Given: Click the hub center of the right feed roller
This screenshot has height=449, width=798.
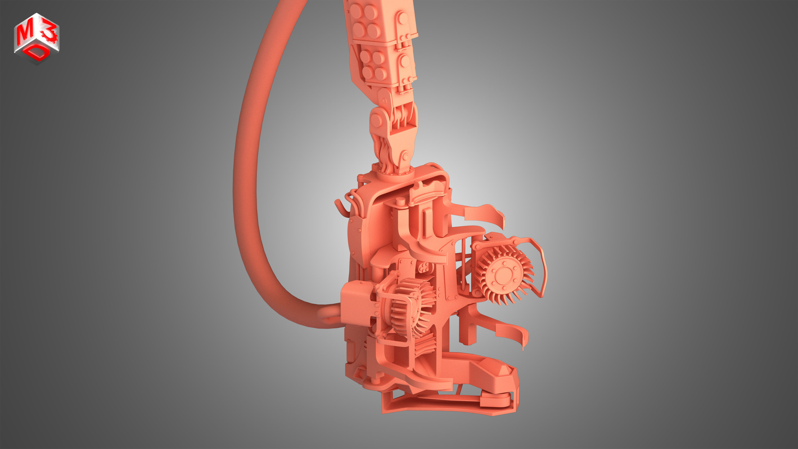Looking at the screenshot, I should point(501,275).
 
